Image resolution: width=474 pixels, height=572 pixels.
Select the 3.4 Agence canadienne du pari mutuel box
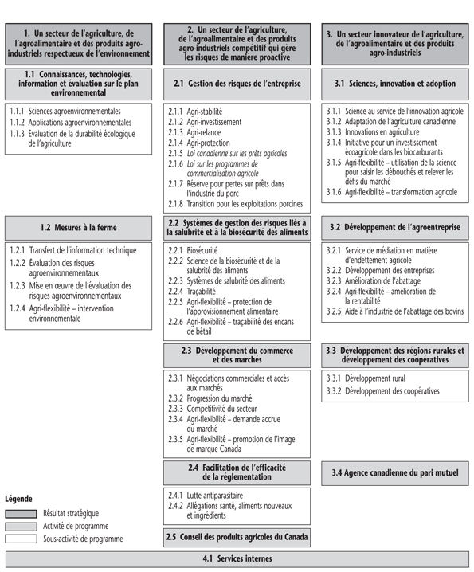coord(395,472)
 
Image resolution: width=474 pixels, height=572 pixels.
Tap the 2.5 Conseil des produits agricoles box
coord(237,535)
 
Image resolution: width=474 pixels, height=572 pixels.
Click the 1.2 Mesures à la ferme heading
coord(79,227)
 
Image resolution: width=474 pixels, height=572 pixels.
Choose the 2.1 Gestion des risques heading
coord(237,83)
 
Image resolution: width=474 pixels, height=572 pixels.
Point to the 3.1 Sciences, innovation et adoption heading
coord(395,83)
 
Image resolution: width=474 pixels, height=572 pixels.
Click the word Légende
coord(19,499)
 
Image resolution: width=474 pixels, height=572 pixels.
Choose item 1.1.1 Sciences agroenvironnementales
coord(65,111)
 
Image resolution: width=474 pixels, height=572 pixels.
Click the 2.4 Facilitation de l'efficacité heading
coord(237,472)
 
